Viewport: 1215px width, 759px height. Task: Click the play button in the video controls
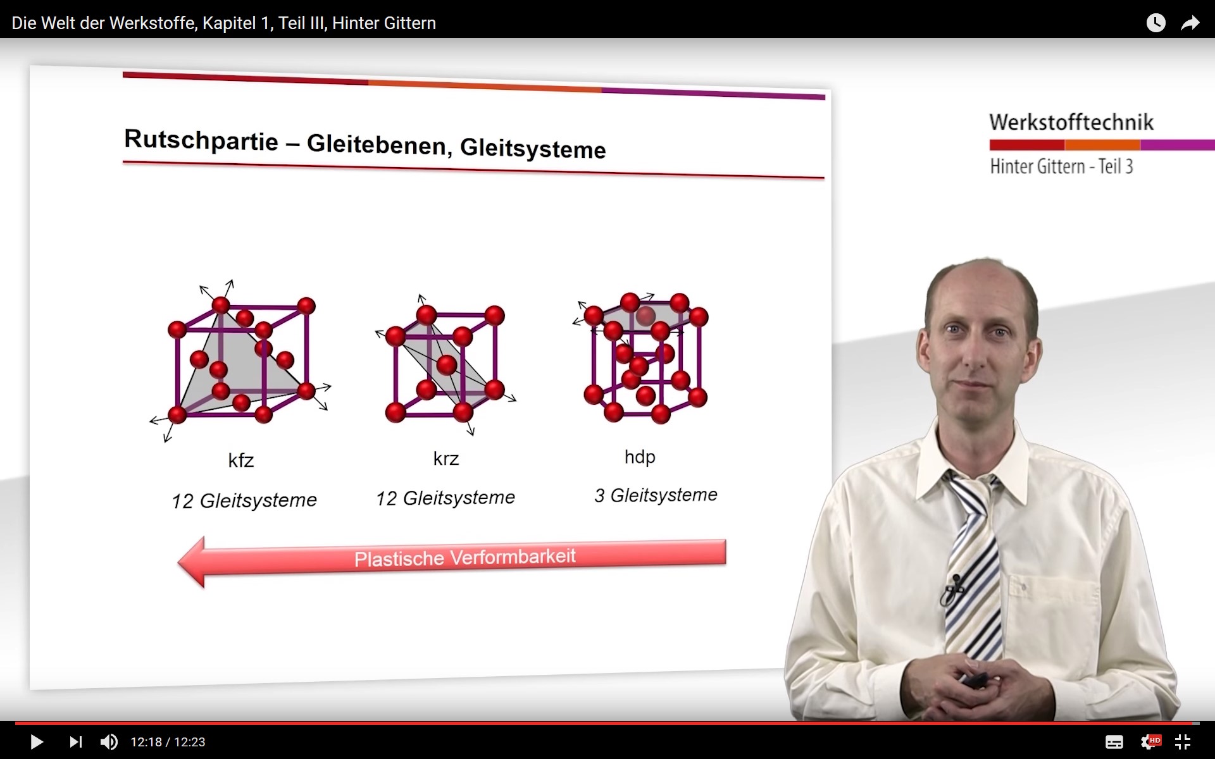tap(37, 741)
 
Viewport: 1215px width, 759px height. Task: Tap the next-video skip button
tap(76, 741)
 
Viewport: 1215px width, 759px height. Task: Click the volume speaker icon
tap(109, 741)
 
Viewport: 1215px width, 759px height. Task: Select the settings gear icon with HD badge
tap(1150, 741)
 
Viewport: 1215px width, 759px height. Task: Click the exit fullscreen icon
tap(1182, 741)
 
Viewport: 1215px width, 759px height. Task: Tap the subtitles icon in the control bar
tap(1114, 742)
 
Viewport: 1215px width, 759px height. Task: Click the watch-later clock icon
tap(1156, 23)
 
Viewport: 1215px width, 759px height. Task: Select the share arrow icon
tap(1190, 23)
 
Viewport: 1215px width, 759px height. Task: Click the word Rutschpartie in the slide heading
tap(201, 140)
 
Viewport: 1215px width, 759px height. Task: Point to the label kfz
tap(241, 460)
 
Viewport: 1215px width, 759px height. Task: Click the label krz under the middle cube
tap(446, 458)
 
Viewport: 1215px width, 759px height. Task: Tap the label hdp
tap(640, 457)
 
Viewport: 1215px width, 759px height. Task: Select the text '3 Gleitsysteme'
tap(656, 495)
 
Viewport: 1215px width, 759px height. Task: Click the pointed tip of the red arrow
tap(179, 562)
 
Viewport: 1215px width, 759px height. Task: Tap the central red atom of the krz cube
tap(447, 365)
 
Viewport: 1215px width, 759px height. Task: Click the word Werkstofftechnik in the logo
tap(1071, 122)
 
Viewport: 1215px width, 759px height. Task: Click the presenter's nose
tap(971, 354)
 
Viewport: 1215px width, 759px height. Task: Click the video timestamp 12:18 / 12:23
tap(168, 742)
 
